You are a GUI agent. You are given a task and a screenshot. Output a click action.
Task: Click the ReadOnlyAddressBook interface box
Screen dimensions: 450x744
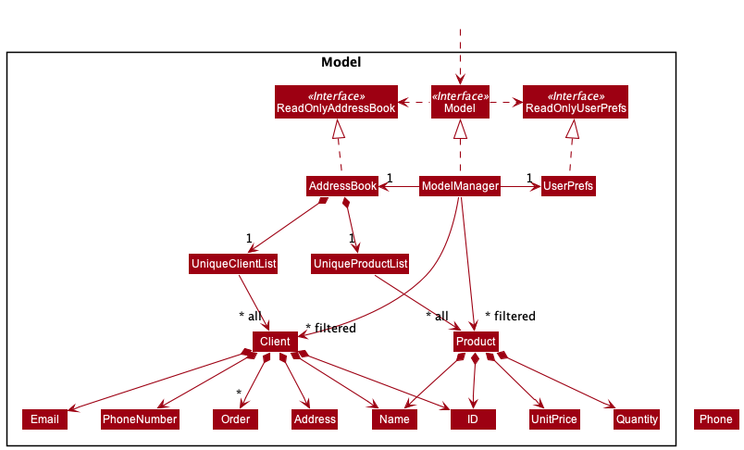(335, 102)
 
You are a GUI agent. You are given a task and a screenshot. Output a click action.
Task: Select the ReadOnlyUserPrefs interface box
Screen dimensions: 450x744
(575, 102)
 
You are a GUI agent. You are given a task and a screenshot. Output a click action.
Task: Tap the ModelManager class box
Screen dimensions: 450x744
(460, 186)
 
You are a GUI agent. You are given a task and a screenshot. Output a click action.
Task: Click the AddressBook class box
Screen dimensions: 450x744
(342, 186)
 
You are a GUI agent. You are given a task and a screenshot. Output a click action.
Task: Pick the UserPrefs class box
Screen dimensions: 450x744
(568, 186)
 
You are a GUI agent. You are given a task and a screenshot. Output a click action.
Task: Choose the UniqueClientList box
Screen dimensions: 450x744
(234, 264)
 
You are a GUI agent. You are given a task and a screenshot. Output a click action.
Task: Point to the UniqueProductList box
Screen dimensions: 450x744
(361, 264)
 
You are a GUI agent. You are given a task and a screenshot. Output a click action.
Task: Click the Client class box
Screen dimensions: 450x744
(275, 342)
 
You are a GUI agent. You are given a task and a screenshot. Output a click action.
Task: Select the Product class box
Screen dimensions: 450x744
(476, 342)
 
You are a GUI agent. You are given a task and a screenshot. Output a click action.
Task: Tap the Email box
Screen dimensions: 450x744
(44, 419)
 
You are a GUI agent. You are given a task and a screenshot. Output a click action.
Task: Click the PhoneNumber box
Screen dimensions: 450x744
(140, 419)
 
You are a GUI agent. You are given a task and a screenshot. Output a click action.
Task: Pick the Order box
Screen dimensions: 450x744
(236, 419)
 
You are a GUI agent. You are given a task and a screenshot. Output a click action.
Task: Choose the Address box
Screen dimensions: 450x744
(315, 419)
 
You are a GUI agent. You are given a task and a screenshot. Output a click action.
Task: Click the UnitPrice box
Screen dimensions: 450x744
(554, 419)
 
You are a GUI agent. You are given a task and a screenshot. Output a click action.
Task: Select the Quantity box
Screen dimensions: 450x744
(636, 419)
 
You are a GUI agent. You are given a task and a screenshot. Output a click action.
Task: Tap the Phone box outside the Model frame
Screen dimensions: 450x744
(715, 419)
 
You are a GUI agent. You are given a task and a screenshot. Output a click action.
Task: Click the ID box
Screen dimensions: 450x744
(472, 419)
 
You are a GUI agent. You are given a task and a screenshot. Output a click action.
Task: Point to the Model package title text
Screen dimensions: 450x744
(341, 63)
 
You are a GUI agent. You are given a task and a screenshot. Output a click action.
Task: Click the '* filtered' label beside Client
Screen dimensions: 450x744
(330, 328)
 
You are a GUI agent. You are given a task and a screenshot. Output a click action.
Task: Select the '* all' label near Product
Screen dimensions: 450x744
(437, 316)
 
